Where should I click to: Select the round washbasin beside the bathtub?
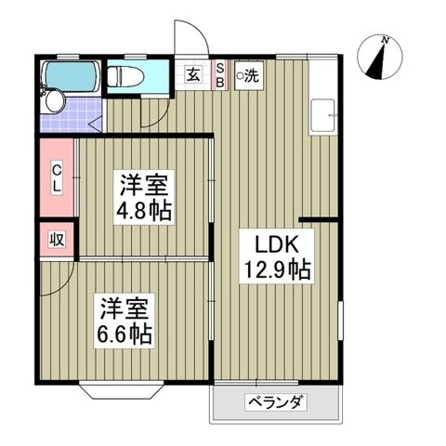tap(55, 99)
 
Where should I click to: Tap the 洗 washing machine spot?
tap(248, 77)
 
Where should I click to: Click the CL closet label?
tap(56, 176)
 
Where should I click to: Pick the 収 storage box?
tap(55, 238)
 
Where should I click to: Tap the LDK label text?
tap(271, 246)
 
